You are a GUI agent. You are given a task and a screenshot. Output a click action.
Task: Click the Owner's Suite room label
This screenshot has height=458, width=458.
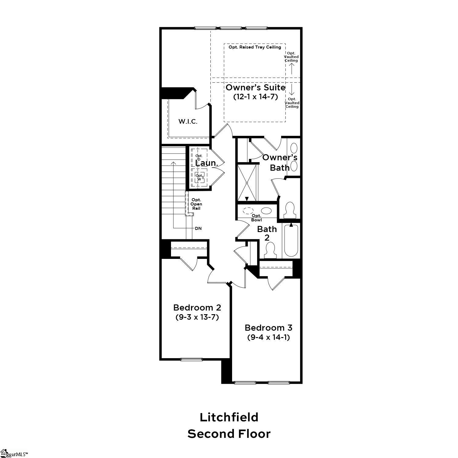point(255,88)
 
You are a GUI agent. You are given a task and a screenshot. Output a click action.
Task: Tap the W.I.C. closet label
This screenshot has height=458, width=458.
point(188,122)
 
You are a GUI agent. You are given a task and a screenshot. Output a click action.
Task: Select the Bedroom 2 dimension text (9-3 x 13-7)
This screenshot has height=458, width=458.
point(197,317)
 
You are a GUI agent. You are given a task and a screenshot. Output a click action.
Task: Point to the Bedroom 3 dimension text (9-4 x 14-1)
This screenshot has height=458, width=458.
point(268,337)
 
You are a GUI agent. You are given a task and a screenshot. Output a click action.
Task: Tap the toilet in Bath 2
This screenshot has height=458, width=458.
point(270,250)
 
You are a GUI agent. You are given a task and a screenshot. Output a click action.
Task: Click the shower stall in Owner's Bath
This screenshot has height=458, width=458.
point(247,183)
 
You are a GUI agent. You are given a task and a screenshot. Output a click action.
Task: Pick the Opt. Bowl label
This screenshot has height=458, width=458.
point(256,218)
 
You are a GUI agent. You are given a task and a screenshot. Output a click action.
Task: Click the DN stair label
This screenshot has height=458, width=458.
point(198,228)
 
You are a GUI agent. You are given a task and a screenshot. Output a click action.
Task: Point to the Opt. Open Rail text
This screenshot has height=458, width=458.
point(196,204)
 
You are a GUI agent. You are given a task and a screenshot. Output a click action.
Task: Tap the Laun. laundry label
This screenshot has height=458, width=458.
point(207,163)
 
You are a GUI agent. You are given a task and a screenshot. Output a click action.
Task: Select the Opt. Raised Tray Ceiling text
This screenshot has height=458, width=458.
point(255,47)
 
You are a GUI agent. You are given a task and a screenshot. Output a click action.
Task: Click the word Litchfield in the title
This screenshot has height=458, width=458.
point(229,417)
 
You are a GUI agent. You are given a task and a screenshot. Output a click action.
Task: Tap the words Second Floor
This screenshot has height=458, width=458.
point(229,434)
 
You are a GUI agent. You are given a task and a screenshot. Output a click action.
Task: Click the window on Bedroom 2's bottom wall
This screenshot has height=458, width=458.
point(191,359)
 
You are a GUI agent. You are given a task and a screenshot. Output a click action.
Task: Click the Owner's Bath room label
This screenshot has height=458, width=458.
point(280,162)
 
